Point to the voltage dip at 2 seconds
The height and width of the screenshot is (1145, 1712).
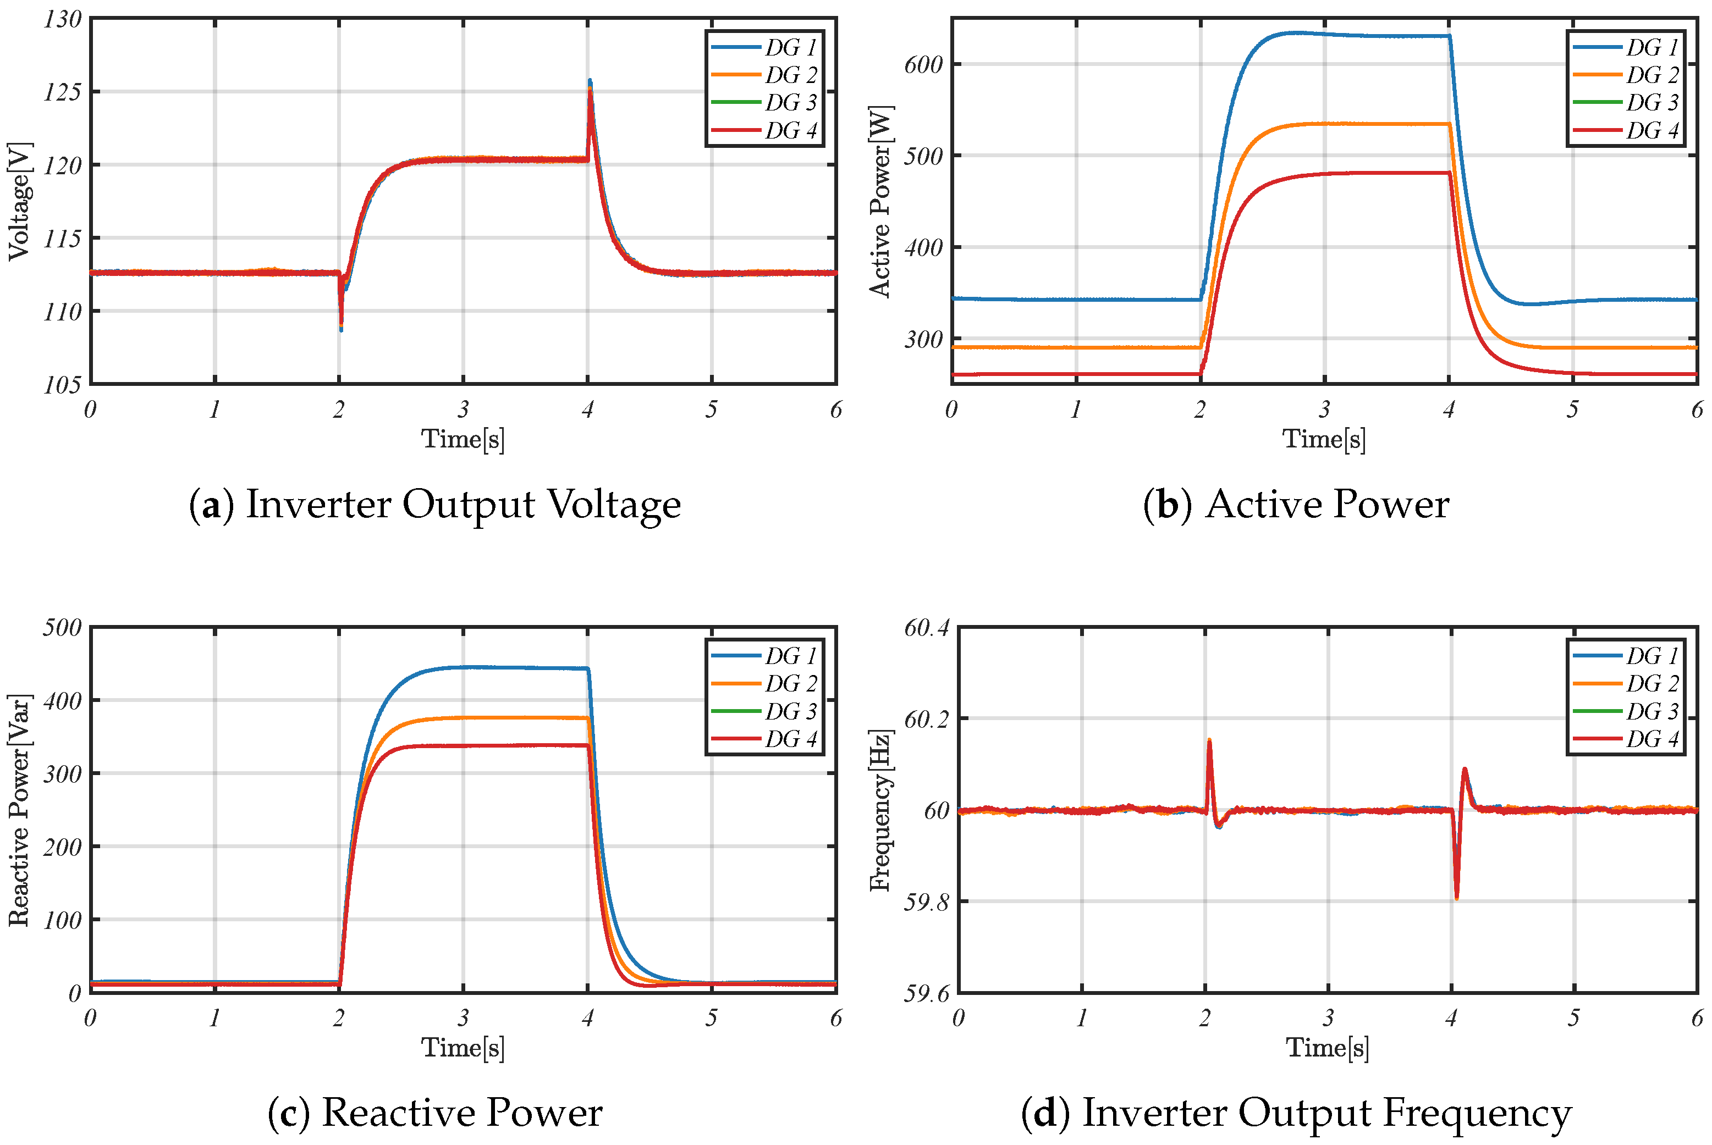[340, 329]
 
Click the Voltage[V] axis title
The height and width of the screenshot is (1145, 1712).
[20, 201]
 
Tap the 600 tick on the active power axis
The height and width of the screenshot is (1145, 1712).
[923, 64]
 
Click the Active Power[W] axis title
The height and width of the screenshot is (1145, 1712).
[880, 201]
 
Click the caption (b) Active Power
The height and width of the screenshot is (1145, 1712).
[1296, 505]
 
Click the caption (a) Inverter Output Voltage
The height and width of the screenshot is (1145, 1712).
[434, 505]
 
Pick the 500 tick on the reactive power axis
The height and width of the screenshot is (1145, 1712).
[62, 627]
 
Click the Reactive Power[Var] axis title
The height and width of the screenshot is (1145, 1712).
[20, 810]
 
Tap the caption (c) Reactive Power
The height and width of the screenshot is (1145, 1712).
[434, 1113]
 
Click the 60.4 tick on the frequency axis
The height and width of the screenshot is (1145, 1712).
[926, 627]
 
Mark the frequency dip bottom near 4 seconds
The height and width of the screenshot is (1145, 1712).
[1456, 898]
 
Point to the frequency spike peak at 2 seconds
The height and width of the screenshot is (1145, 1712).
[1209, 740]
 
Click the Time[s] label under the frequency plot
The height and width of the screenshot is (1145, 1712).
[1327, 1047]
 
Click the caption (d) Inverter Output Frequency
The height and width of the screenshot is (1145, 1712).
[1296, 1113]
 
